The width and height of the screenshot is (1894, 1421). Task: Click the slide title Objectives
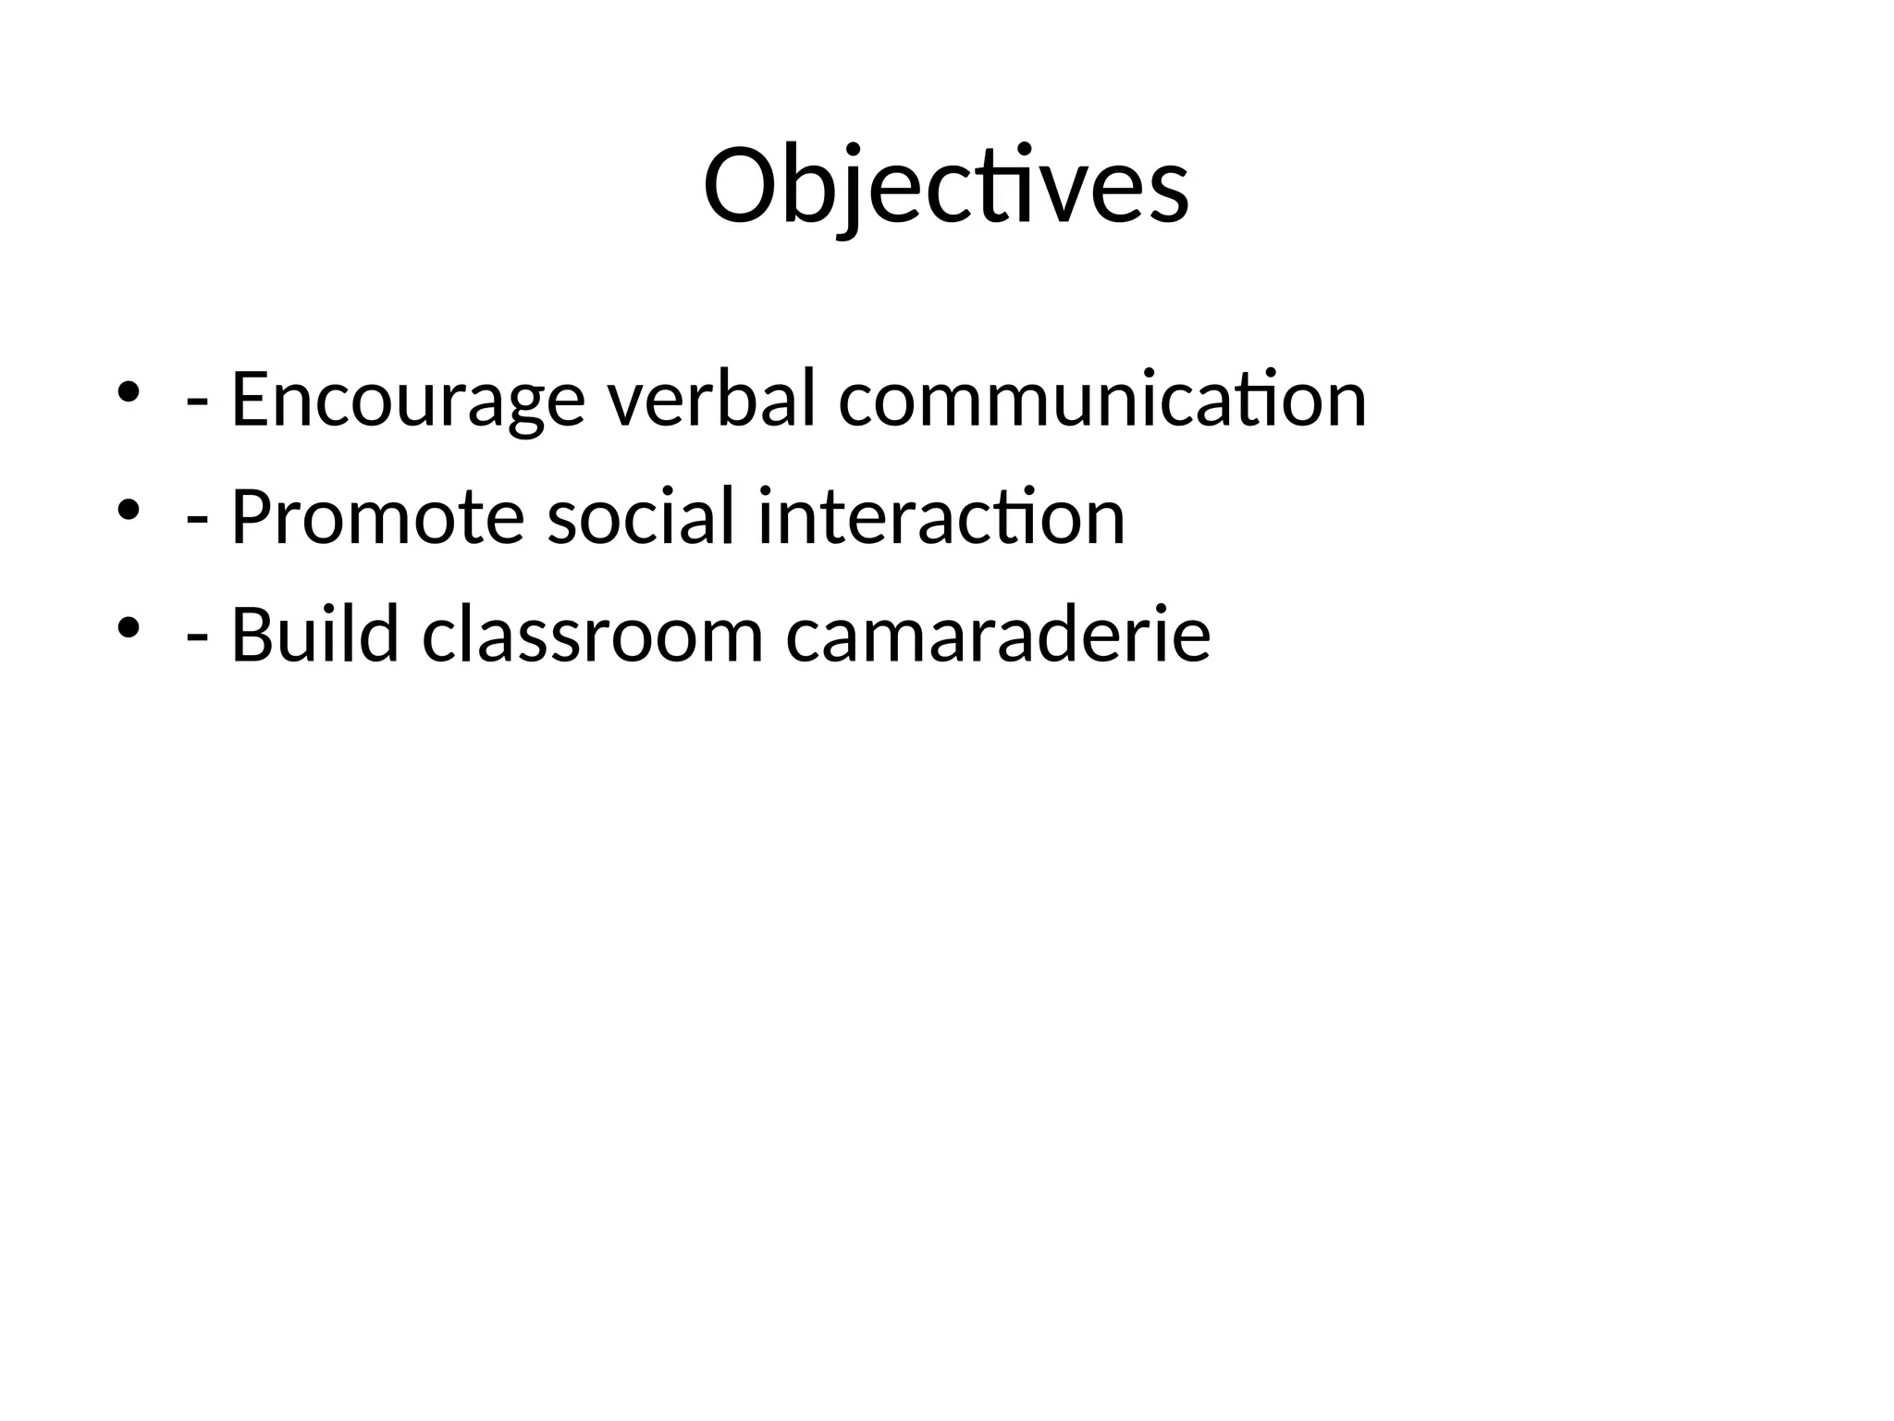pos(945,186)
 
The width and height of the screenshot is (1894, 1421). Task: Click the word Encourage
pos(407,400)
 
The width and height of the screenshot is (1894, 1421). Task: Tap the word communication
pos(1101,400)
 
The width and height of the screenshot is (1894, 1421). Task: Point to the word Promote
pos(377,517)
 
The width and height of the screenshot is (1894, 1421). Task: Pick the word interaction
pos(941,517)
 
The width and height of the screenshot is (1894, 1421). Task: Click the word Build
pos(314,635)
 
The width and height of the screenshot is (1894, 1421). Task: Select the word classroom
pos(592,635)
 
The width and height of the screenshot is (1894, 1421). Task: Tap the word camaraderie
pos(998,635)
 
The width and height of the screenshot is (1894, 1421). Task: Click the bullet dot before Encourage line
pos(128,391)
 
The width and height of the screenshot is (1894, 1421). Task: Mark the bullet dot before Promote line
pos(128,509)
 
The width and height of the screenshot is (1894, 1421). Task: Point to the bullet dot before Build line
pos(128,626)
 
